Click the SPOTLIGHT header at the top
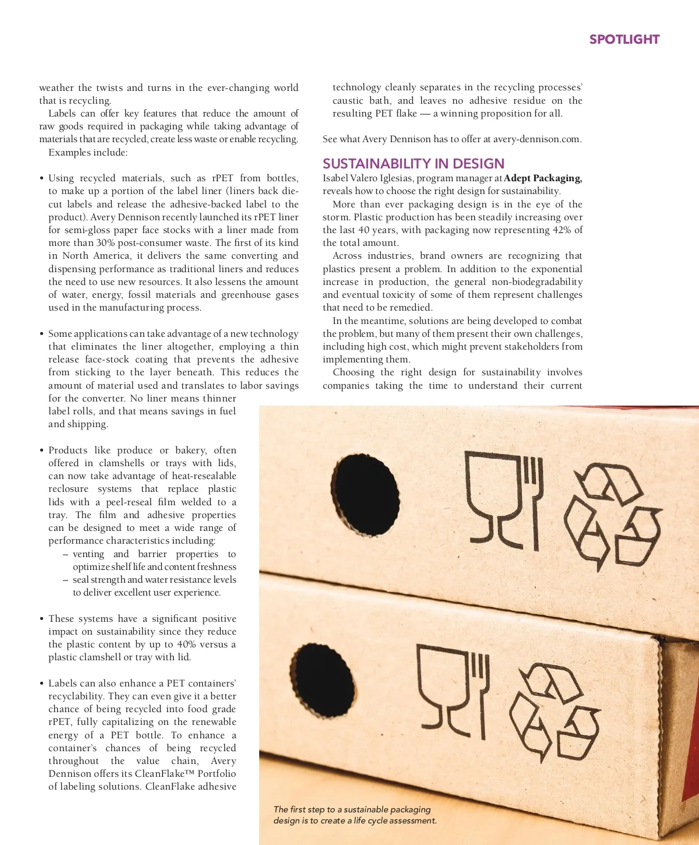pyautogui.click(x=624, y=40)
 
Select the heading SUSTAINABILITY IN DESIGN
pyautogui.click(x=414, y=164)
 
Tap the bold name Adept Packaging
pyautogui.click(x=542, y=178)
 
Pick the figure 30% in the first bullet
pyautogui.click(x=105, y=243)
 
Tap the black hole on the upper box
pyautogui.click(x=365, y=487)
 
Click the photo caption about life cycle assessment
pyautogui.click(x=355, y=815)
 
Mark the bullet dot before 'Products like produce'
pyautogui.click(x=42, y=450)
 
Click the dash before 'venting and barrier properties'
pyautogui.click(x=66, y=554)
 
